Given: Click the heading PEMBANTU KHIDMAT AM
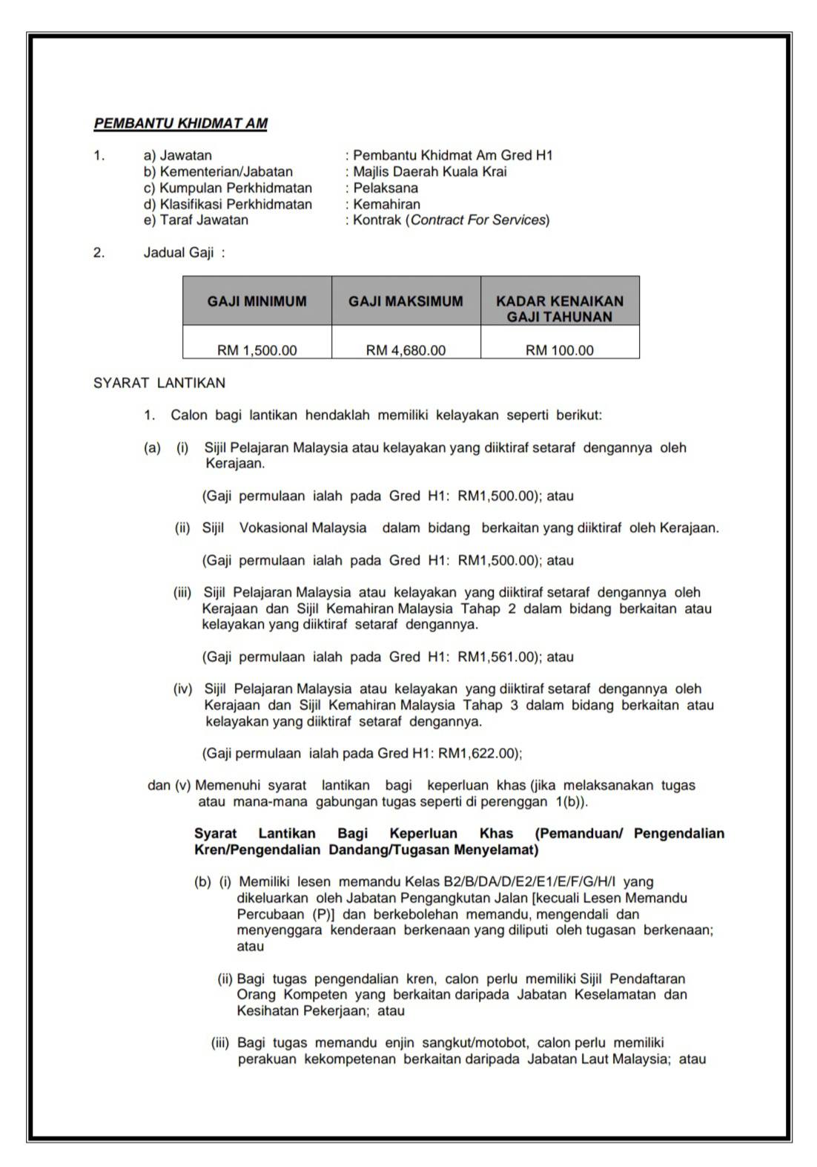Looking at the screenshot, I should point(180,124).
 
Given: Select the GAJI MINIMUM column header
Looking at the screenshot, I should point(257,301).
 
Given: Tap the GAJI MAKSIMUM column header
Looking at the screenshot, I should point(406,301).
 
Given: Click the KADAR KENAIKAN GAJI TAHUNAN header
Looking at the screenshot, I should point(560,309).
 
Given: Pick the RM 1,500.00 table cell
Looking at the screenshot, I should point(257,350).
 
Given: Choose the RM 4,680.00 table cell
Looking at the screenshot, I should point(406,350).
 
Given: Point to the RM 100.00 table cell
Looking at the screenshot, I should point(560,350).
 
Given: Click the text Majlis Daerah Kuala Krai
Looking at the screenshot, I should point(430,171).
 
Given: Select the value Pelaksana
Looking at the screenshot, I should point(386,188).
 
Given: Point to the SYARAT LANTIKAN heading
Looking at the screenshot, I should point(159,383).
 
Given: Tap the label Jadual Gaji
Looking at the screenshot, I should point(179,252).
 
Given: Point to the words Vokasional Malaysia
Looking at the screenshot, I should point(302,527).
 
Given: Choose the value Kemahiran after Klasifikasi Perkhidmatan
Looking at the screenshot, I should point(386,204).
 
